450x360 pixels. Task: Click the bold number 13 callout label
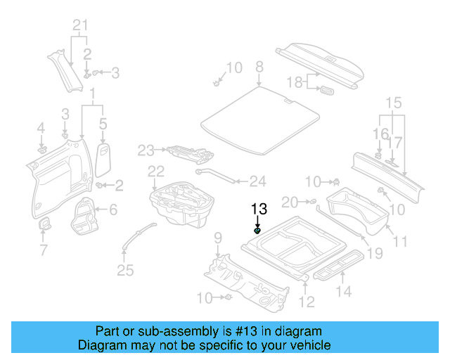point(259,209)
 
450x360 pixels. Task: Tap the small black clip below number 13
point(258,230)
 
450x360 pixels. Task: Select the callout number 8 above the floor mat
point(259,67)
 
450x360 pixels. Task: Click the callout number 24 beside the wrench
point(257,181)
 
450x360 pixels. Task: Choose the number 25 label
point(124,270)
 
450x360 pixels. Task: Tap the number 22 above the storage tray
point(155,172)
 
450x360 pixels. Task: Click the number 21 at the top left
point(82,27)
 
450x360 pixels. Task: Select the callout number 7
point(44,250)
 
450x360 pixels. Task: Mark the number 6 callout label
point(113,209)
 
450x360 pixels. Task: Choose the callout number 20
point(290,202)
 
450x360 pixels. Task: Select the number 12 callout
point(306,302)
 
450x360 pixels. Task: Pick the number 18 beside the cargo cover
point(295,82)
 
